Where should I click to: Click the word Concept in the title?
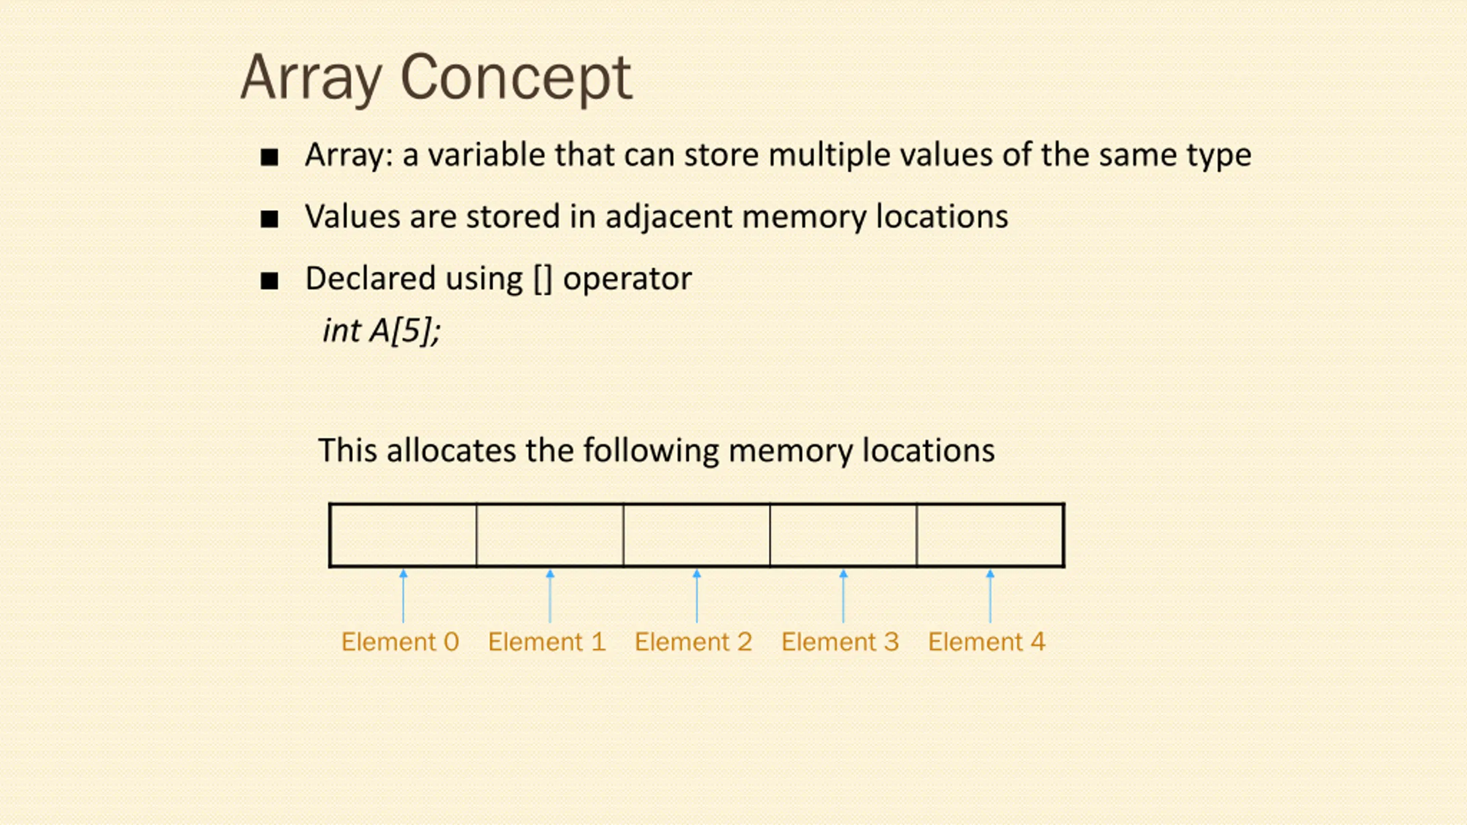[x=516, y=78]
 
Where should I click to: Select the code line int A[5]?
[x=381, y=331]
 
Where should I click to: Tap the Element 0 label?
[x=400, y=642]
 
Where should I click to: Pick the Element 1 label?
[x=547, y=642]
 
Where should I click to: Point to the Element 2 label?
[x=693, y=642]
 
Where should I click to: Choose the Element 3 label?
[x=840, y=642]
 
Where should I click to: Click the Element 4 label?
[x=987, y=642]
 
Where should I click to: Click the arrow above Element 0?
[x=403, y=596]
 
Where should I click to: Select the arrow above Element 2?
[x=697, y=596]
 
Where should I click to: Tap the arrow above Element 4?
[x=990, y=596]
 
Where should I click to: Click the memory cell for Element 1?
[x=550, y=535]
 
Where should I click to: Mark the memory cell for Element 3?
[x=844, y=535]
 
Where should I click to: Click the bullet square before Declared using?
[x=269, y=281]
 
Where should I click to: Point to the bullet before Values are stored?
[x=269, y=219]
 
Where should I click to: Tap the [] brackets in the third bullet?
[x=543, y=280]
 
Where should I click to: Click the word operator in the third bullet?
[x=627, y=280]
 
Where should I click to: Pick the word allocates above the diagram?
[x=451, y=450]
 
